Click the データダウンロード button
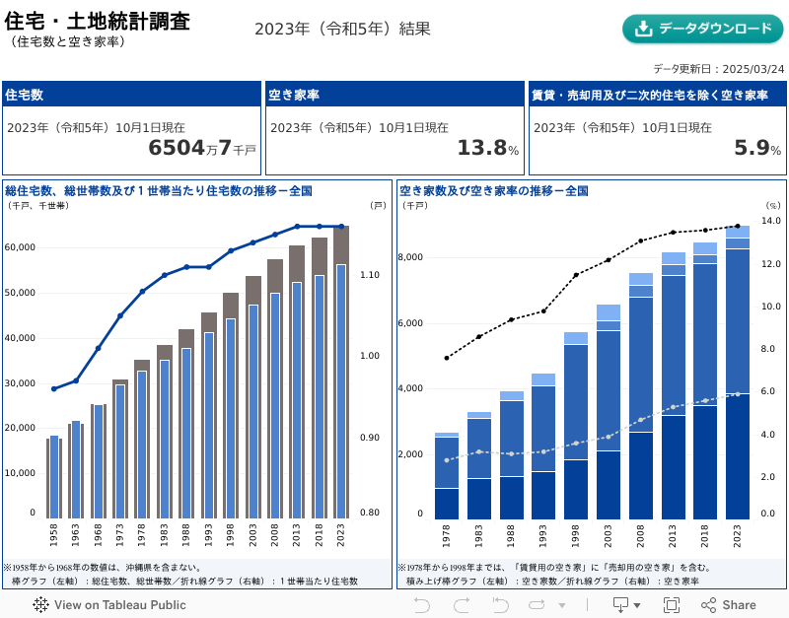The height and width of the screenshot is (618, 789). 703,29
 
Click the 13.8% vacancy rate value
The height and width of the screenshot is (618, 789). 487,148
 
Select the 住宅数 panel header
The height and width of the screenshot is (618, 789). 25,95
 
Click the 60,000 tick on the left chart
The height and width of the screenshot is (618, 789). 21,247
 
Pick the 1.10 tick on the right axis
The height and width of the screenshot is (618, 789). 369,275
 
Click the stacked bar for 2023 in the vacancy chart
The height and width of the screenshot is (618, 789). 738,375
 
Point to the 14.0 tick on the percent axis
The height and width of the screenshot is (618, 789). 771,221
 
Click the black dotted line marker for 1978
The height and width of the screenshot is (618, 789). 447,358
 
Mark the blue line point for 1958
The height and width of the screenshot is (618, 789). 53,389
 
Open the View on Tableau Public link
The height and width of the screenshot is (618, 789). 109,605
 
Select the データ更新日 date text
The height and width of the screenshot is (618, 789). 718,69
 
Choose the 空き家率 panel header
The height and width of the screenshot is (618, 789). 294,95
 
